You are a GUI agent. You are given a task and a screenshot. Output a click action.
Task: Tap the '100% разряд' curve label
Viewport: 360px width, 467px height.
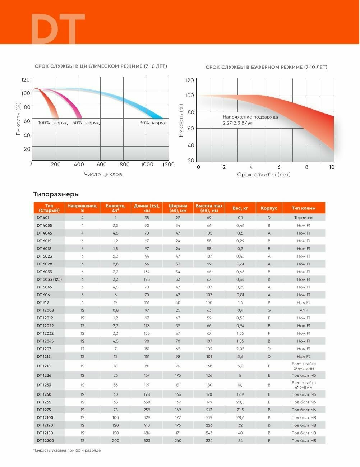pos(53,123)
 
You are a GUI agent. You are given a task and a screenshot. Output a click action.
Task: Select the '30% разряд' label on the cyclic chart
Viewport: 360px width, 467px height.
pos(153,123)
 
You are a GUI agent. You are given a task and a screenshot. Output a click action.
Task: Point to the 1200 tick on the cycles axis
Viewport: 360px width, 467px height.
pos(168,165)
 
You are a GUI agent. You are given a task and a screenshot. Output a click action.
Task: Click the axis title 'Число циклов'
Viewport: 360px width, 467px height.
pos(103,174)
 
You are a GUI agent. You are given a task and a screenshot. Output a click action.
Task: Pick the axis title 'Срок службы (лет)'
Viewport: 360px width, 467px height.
pos(264,175)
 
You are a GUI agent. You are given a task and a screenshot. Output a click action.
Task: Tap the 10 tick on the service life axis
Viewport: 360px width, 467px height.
pos(332,167)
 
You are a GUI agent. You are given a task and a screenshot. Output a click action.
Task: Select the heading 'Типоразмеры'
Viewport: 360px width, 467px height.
pos(56,194)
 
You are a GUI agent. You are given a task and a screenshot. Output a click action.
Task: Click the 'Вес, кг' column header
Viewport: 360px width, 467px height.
pos(240,208)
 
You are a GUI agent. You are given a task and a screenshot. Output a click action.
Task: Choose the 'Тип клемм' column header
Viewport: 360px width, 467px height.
pos(304,208)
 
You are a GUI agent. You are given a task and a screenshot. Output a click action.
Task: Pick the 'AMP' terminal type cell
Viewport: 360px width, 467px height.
pos(304,310)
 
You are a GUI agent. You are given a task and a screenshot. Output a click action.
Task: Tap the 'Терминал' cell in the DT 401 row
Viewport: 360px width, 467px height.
pos(304,218)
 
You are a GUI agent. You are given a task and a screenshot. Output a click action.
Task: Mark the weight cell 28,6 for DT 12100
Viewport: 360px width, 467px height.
pos(240,417)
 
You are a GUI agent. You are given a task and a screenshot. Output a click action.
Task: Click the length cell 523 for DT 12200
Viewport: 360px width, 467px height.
pos(147,441)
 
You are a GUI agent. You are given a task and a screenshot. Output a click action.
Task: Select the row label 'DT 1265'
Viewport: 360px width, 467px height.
pos(44,402)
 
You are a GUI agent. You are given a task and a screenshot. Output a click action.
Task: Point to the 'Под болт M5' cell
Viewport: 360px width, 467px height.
pos(304,375)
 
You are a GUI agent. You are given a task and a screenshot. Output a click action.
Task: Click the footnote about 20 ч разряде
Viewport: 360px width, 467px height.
pos(67,450)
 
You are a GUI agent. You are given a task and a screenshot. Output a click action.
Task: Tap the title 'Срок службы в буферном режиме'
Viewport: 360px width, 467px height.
pos(266,67)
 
